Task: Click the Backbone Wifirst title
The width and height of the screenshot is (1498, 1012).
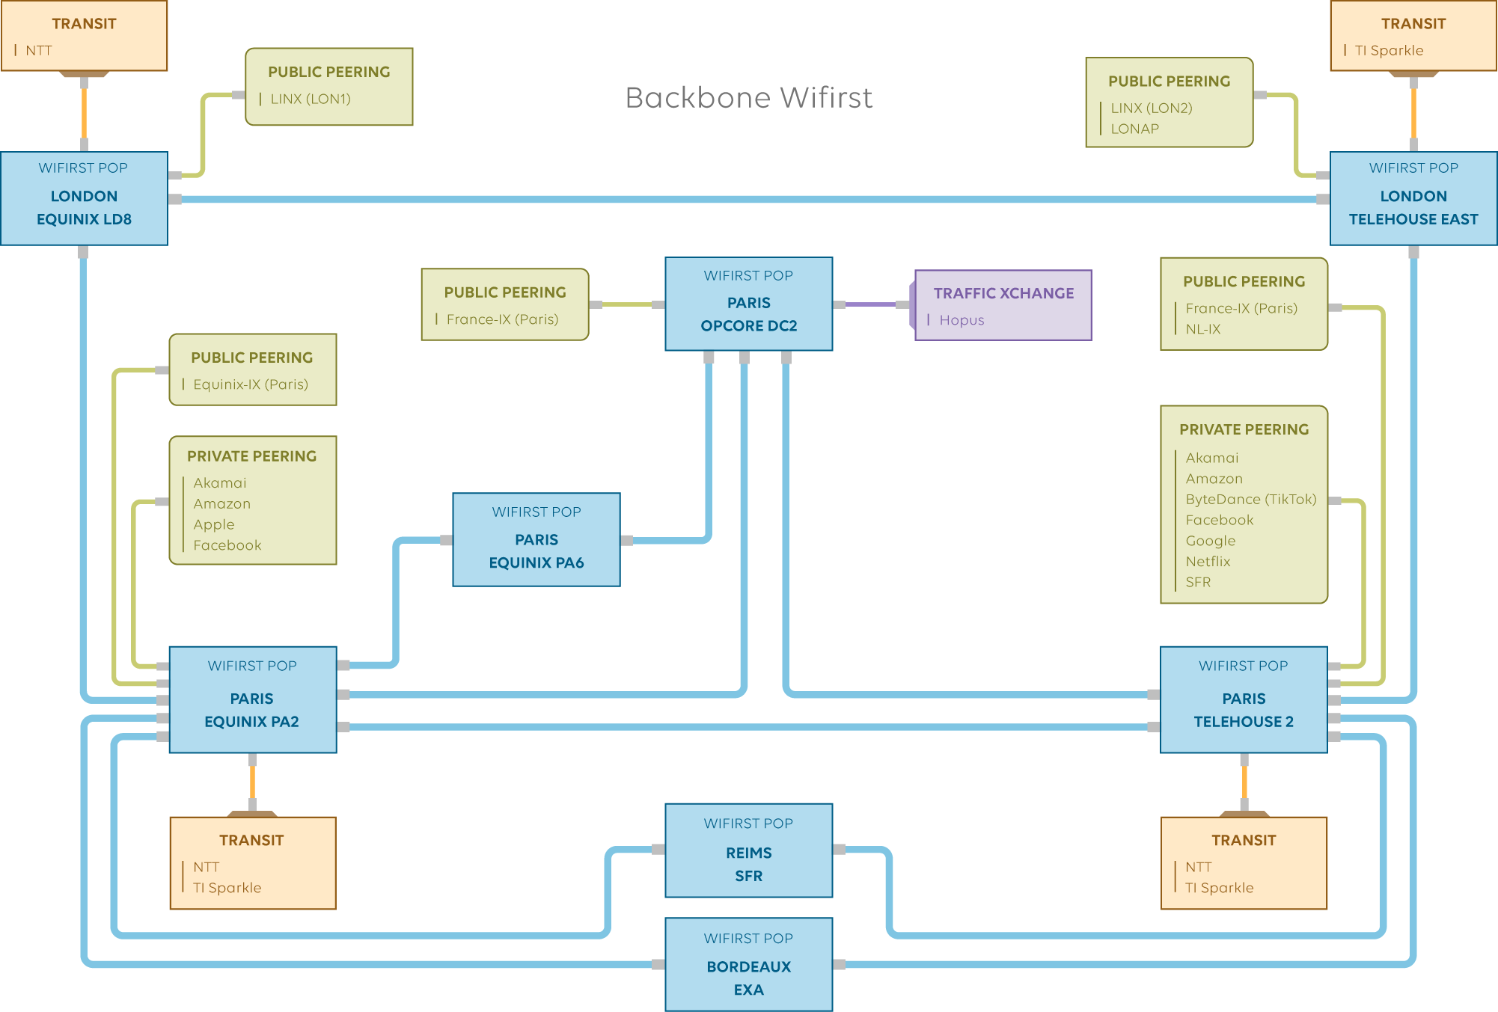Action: tap(748, 98)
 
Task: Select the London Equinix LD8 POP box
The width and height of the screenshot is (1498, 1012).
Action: tap(84, 198)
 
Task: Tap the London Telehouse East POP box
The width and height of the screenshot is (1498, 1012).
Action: tap(1413, 198)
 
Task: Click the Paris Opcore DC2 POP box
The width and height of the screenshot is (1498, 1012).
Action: tap(748, 304)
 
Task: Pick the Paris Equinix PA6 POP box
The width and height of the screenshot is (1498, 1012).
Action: tap(536, 539)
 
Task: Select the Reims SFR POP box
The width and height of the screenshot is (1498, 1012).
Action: tap(748, 850)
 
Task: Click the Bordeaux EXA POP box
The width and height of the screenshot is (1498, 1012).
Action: tap(748, 964)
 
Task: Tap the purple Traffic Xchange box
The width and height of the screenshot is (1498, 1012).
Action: tap(1003, 305)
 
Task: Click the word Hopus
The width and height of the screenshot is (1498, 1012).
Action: tap(962, 320)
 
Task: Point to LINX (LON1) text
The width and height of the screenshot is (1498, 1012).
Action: tap(311, 99)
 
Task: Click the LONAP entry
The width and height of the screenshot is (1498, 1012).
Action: tap(1134, 129)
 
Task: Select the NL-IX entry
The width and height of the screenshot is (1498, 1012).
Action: tap(1202, 329)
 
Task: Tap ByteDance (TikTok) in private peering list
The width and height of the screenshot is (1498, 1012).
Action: tap(1250, 499)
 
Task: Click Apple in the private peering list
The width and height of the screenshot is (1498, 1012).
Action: tap(214, 524)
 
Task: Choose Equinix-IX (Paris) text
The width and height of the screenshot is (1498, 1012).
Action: tap(251, 384)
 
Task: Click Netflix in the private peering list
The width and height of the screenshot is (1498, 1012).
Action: tap(1208, 561)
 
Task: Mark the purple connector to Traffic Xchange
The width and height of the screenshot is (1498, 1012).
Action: tap(870, 304)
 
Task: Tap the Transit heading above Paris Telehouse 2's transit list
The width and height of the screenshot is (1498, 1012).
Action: tap(1244, 840)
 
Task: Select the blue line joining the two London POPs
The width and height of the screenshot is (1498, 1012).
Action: tap(748, 199)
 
